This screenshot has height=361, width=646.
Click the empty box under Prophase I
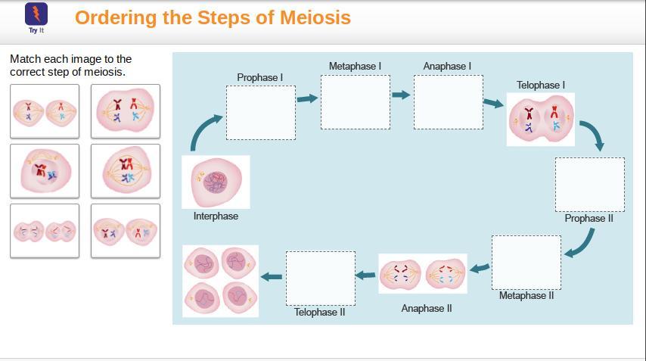pyautogui.click(x=261, y=112)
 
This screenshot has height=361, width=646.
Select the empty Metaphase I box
pyautogui.click(x=356, y=101)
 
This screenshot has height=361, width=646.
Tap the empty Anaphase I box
pyautogui.click(x=448, y=101)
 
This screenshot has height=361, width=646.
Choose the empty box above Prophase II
pyautogui.click(x=589, y=184)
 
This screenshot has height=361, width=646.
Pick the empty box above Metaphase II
pyautogui.click(x=526, y=262)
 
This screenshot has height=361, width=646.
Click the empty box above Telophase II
pyautogui.click(x=320, y=278)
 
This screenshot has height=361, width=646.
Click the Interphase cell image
pyautogui.click(x=216, y=182)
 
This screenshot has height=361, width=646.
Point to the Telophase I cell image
pyautogui.click(x=541, y=119)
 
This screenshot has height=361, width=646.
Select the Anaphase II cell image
pyautogui.click(x=423, y=273)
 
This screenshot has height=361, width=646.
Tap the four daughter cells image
pyautogui.click(x=220, y=281)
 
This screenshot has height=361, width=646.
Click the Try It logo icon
pyautogui.click(x=36, y=14)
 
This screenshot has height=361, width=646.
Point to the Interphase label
pyautogui.click(x=216, y=216)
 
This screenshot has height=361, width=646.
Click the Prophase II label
pyautogui.click(x=589, y=219)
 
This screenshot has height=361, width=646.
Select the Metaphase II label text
pyautogui.click(x=526, y=295)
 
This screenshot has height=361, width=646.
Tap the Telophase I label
pyautogui.click(x=541, y=85)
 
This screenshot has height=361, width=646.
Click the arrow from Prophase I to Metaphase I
pyautogui.click(x=308, y=98)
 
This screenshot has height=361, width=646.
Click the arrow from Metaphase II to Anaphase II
pyautogui.click(x=480, y=267)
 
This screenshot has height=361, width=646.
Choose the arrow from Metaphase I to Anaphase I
pyautogui.click(x=401, y=95)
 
